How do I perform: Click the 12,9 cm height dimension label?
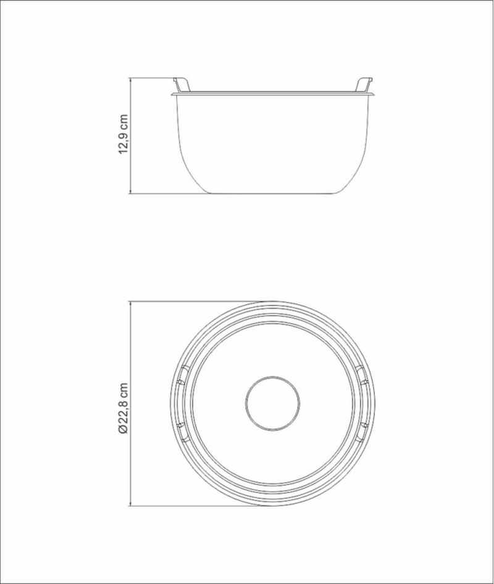[x=124, y=133]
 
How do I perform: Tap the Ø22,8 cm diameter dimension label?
[x=124, y=408]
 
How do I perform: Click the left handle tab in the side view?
[x=182, y=85]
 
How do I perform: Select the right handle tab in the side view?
[x=364, y=85]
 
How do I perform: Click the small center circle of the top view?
[x=273, y=404]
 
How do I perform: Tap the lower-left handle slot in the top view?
[x=182, y=432]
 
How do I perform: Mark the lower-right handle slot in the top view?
[x=363, y=432]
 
